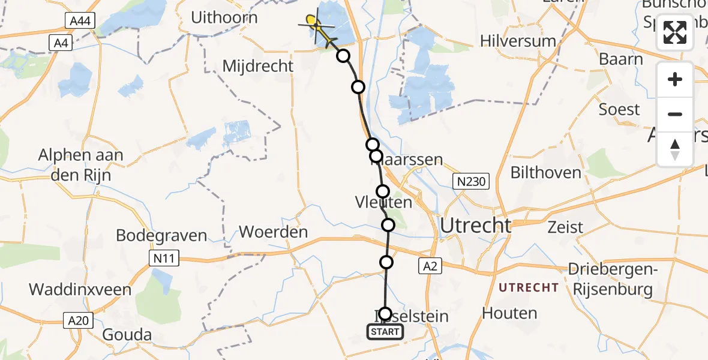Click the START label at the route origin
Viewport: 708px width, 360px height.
coord(385,332)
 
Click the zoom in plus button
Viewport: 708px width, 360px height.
coord(675,80)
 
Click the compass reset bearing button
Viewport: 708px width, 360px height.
coord(675,149)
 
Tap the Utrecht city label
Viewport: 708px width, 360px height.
coord(476,226)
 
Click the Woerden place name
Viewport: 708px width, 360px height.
coord(273,232)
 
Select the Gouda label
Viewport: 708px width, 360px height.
coord(127,334)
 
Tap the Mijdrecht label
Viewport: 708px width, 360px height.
coord(258,66)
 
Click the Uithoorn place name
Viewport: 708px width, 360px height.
coord(224,17)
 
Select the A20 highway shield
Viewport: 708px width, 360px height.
coord(78,320)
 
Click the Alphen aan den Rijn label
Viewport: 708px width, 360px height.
coord(80,164)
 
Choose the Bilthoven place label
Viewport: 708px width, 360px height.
coord(545,173)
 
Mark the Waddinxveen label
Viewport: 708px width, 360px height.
coord(80,290)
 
